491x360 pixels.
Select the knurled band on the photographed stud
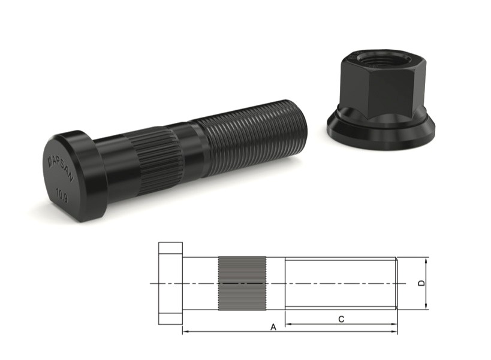tap(157, 159)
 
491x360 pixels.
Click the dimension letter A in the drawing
tap(273, 327)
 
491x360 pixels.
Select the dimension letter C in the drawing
tap(341, 319)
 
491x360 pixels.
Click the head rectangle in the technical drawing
tap(170, 283)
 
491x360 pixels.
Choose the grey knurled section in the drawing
tap(242, 283)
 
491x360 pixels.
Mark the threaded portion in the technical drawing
tap(340, 283)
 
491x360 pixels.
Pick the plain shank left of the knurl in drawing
tap(200, 283)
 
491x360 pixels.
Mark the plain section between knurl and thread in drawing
tap(275, 283)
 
